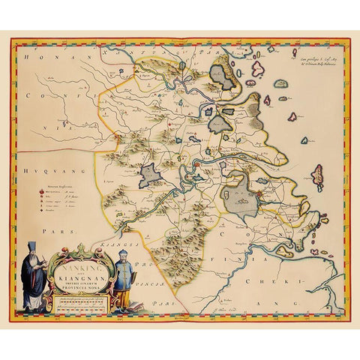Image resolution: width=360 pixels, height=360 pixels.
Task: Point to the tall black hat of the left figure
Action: (34, 248)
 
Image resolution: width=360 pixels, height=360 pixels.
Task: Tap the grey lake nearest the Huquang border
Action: (151, 175)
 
